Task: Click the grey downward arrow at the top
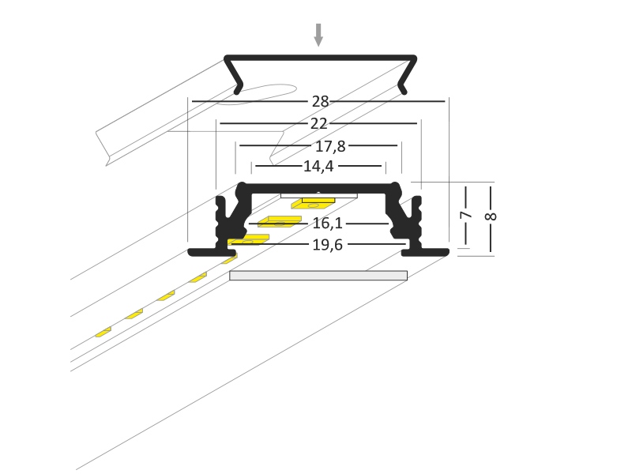coord(318,35)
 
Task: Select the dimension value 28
coord(321,102)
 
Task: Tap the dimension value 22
coord(319,124)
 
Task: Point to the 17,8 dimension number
coord(330,146)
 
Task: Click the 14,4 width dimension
coord(318,166)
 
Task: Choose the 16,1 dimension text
coord(327,223)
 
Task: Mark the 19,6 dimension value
coord(327,245)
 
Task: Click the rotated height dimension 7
coord(465,215)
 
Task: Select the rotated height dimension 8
coord(491,216)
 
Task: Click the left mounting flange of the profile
coord(212,253)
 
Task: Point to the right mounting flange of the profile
coord(425,253)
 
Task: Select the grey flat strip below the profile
coord(318,276)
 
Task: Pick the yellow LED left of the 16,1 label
coord(280,222)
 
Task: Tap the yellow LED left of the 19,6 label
coord(248,240)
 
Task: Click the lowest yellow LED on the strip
coord(103,332)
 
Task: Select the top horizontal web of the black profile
coord(318,188)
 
